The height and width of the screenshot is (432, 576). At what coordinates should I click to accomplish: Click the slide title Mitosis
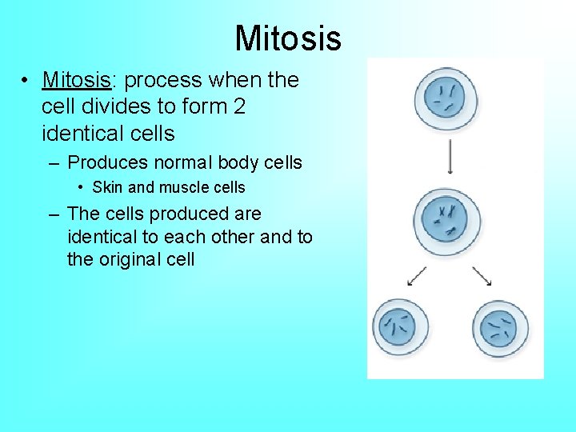click(288, 38)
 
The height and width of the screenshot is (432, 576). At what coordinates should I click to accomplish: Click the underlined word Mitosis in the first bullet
click(75, 80)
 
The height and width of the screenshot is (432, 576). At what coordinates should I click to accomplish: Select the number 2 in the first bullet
click(239, 106)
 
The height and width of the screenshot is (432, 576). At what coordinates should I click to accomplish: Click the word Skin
click(107, 188)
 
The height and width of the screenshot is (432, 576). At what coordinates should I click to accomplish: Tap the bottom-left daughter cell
click(400, 326)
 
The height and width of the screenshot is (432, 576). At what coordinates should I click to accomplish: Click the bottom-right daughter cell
click(500, 326)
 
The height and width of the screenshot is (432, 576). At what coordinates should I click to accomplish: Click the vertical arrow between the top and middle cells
click(451, 156)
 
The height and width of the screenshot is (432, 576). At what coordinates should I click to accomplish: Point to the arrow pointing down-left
click(417, 276)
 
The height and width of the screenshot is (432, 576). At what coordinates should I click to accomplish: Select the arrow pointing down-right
click(482, 276)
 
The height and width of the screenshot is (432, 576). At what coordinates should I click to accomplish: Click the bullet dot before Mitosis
click(27, 81)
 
